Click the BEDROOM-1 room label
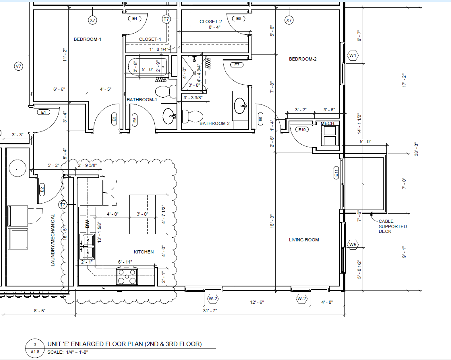point(87,39)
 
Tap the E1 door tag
point(44,112)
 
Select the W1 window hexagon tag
point(353,55)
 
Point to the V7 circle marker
point(18,66)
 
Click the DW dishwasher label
point(87,224)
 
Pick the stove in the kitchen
point(127,276)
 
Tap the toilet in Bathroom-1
point(166,91)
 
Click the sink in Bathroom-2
point(240,106)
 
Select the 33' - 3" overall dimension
point(416,149)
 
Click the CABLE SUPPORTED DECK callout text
point(392,226)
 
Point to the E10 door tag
point(302,130)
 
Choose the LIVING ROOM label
point(304,240)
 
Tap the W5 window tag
point(353,245)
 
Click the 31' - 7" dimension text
point(210,310)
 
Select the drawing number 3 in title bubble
point(35,344)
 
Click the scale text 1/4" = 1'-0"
point(77,352)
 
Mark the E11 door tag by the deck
point(336,173)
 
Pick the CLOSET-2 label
point(211,22)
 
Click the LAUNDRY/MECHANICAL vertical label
point(53,240)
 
